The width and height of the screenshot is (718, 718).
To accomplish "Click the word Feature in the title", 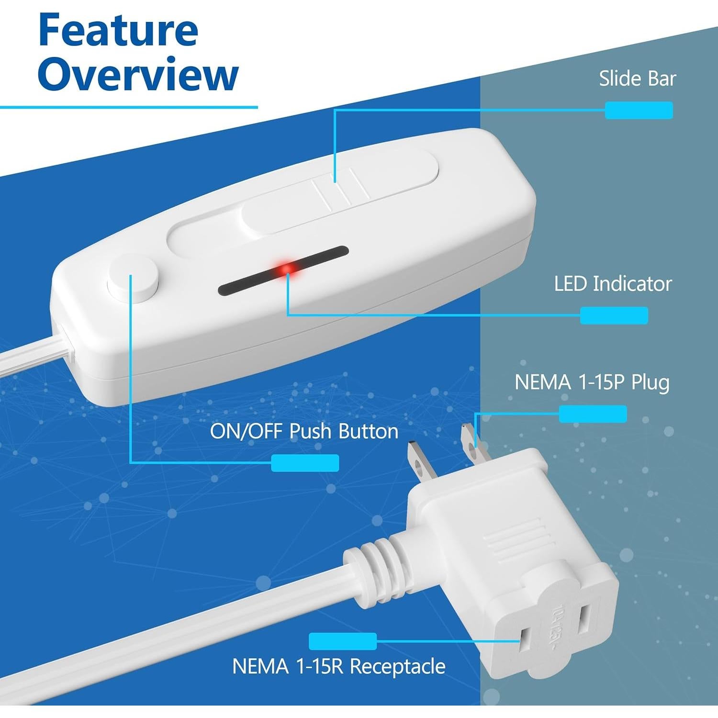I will tap(118, 30).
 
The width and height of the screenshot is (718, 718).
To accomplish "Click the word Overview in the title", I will tap(138, 74).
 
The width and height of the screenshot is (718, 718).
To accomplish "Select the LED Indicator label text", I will tap(613, 284).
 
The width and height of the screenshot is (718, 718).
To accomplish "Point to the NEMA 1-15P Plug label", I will tap(592, 382).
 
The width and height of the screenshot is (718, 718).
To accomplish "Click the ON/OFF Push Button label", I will tap(304, 431).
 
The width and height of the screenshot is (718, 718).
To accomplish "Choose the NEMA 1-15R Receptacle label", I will tap(338, 666).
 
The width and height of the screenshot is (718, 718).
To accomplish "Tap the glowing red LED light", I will tap(287, 269).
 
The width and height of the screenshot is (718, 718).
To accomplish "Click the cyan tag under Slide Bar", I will tap(639, 110).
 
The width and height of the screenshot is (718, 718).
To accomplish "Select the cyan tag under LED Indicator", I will tap(614, 315).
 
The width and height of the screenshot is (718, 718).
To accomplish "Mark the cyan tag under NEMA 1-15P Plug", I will tap(593, 414).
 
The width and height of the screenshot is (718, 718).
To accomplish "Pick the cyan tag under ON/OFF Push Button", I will tap(305, 463).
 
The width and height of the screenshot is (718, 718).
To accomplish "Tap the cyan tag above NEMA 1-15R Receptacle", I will tap(342, 641).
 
